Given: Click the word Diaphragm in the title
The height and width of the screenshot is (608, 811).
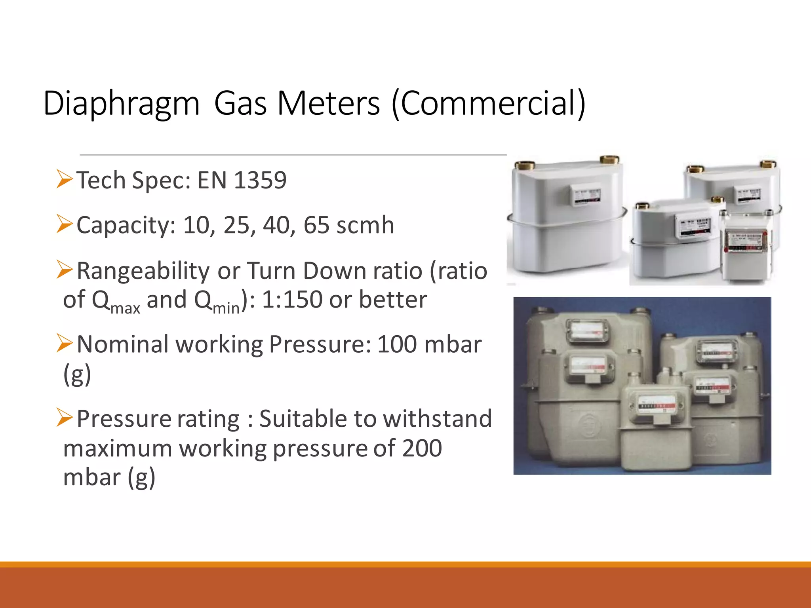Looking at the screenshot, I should click(121, 104).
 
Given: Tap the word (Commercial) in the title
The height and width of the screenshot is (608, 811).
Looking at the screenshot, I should click(488, 104).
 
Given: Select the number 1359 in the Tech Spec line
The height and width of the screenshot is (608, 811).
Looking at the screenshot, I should click(260, 180).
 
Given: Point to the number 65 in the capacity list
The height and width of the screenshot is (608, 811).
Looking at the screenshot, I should click(316, 225).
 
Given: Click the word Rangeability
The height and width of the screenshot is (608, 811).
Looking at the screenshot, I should click(143, 272).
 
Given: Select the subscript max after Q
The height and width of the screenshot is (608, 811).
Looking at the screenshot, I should click(125, 308).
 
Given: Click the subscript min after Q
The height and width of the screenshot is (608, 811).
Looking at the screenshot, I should click(226, 308).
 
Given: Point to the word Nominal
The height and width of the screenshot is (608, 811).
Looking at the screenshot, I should click(123, 344).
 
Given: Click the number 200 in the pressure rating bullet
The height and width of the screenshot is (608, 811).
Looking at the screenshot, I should click(422, 448).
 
